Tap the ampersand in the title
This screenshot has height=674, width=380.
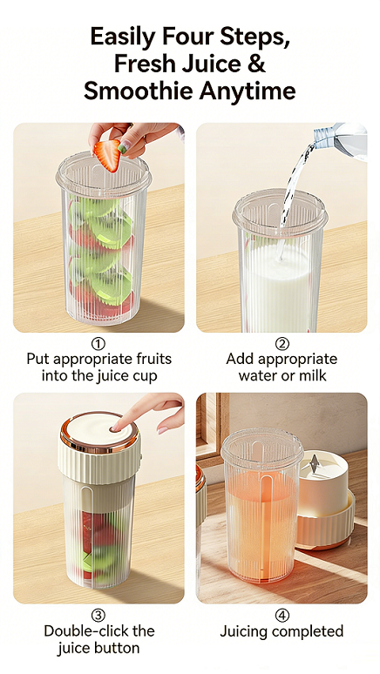click(x=257, y=64)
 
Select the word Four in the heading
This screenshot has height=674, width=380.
click(x=187, y=37)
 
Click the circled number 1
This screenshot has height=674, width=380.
click(x=98, y=343)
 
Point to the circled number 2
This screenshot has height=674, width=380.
click(x=282, y=343)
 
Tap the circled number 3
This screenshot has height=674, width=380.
click(x=98, y=615)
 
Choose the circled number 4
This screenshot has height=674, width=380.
click(x=282, y=615)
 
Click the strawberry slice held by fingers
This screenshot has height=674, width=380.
click(x=107, y=155)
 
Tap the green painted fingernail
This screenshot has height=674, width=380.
click(x=123, y=148)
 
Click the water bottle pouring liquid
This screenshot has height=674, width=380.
click(x=340, y=140)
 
